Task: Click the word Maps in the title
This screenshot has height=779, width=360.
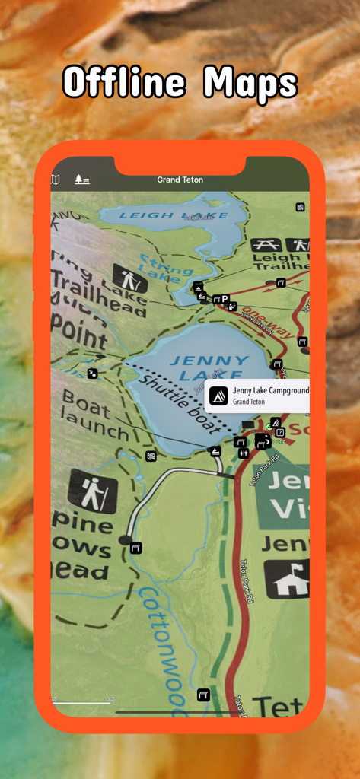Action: point(250,84)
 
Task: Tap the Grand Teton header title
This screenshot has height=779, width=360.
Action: point(180,180)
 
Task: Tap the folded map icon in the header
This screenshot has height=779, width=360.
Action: point(55,180)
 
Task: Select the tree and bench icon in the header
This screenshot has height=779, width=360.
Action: point(81,180)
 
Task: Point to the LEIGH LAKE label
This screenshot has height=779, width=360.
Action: point(163,216)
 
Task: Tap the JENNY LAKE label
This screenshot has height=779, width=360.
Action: point(209,367)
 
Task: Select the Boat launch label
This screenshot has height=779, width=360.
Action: point(96,415)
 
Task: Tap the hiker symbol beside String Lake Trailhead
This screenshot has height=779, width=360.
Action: point(129,278)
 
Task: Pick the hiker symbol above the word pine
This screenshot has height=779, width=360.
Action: point(93,491)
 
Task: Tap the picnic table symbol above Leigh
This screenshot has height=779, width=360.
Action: point(267,245)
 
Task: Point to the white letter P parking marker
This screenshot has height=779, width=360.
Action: point(225,299)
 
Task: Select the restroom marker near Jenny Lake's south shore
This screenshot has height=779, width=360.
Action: point(244,453)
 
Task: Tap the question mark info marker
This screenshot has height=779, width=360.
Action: point(280,433)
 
